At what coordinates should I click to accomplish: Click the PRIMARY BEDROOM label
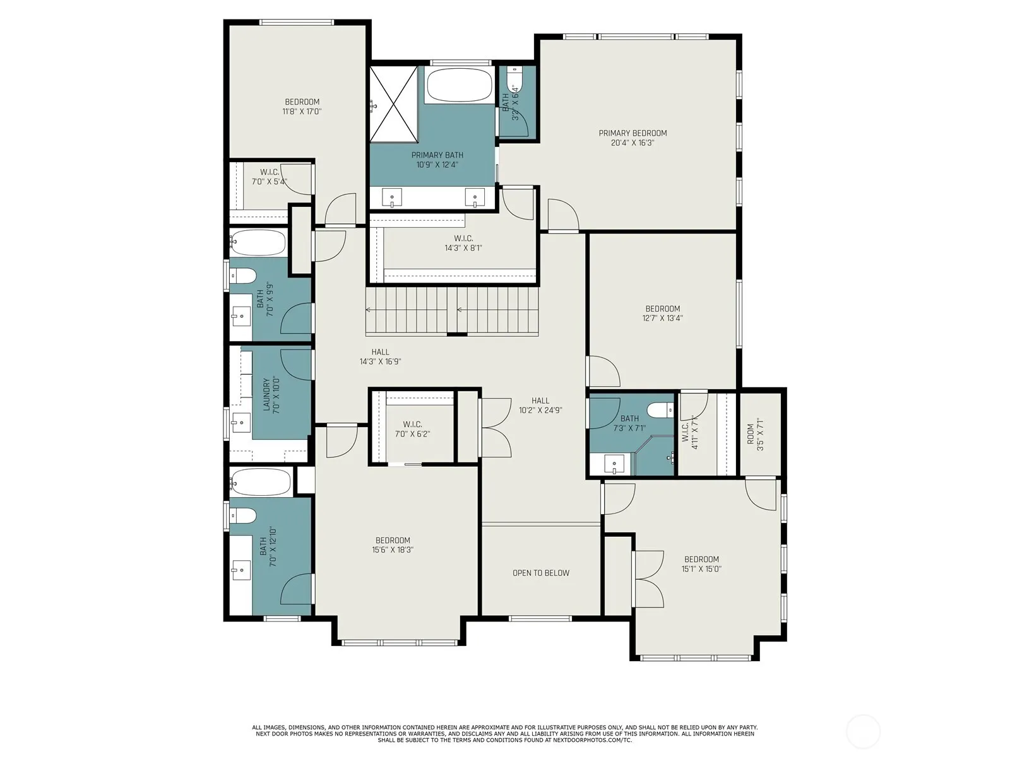click(633, 133)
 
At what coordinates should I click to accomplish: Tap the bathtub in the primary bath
click(459, 86)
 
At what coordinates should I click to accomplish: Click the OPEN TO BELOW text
click(540, 573)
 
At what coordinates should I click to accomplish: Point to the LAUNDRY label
click(266, 394)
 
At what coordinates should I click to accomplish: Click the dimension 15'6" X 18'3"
click(393, 549)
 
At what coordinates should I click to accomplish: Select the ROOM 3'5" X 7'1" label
click(755, 434)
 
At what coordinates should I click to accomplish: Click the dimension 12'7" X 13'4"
click(663, 317)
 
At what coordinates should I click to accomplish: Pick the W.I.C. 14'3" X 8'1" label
click(463, 243)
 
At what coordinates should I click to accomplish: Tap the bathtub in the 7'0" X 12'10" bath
click(261, 482)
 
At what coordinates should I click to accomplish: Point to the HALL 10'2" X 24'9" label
click(540, 406)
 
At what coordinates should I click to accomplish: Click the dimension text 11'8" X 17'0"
click(302, 111)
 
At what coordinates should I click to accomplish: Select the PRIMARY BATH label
click(437, 155)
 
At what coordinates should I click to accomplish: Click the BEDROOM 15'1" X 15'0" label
click(701, 564)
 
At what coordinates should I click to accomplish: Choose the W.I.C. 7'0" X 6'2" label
click(412, 429)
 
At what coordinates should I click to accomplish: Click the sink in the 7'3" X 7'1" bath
click(614, 464)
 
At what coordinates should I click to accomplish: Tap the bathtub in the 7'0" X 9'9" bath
click(258, 243)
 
